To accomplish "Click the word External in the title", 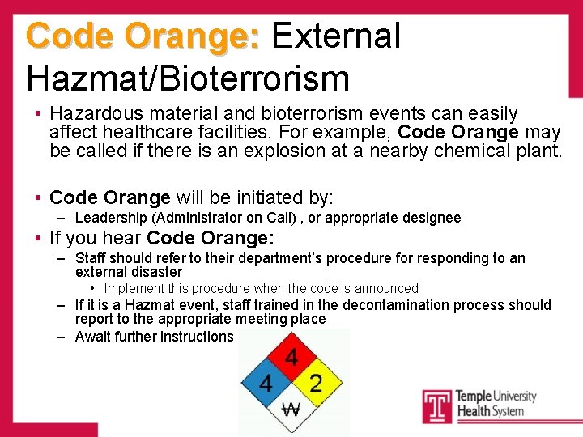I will (336, 36).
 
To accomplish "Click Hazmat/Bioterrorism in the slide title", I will (188, 78).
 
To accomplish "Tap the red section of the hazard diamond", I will (291, 357).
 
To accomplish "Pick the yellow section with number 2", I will (317, 383).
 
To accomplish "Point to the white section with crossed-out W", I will (291, 409).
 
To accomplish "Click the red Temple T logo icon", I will (437, 405).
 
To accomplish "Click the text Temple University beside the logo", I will (496, 396).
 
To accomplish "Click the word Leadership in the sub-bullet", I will (108, 218).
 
